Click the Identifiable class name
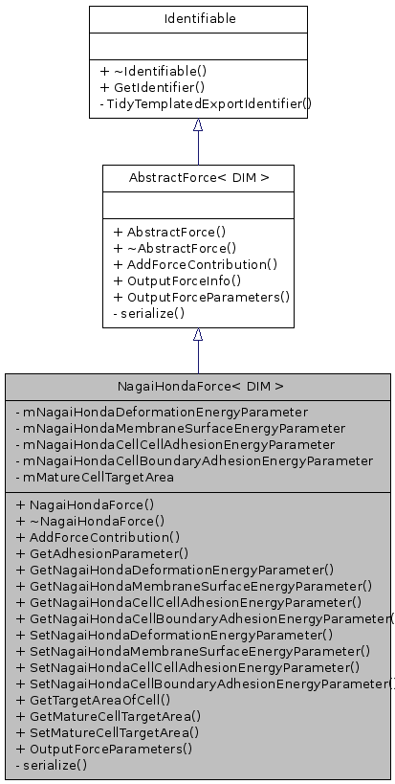[198, 18]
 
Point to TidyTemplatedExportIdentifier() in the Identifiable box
[205, 101]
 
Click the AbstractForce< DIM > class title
[198, 177]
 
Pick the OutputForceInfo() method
[177, 280]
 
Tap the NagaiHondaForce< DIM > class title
[199, 386]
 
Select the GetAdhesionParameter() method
[102, 552]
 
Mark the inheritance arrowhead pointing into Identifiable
[198, 125]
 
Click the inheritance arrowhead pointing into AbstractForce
[198, 335]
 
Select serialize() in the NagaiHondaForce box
[53, 764]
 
